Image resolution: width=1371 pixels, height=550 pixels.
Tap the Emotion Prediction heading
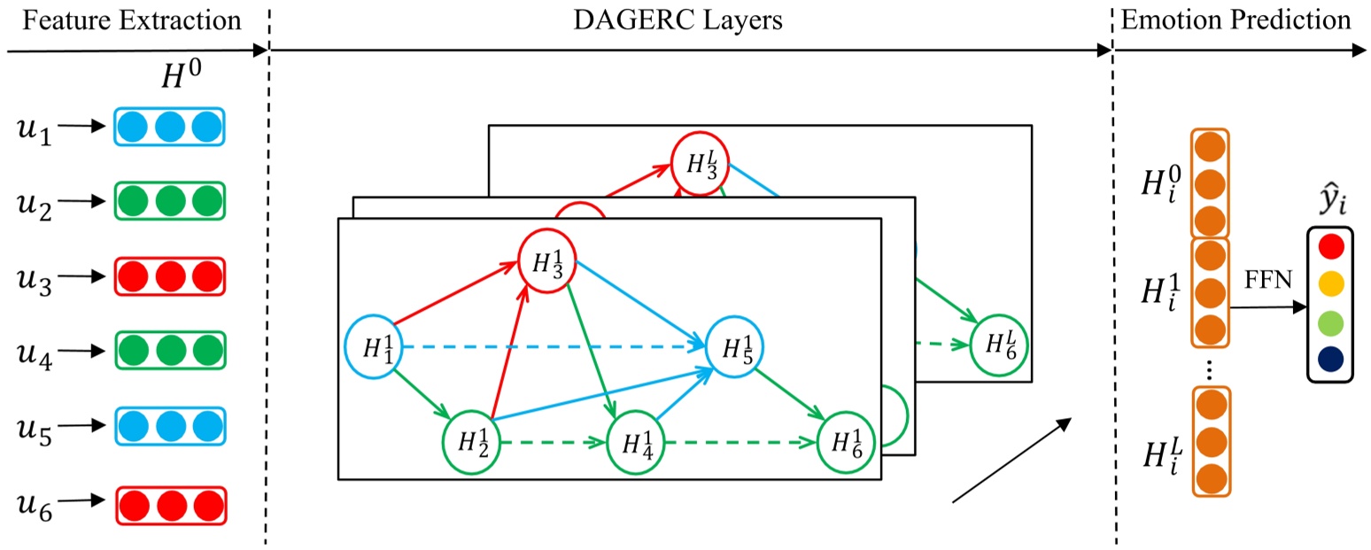click(x=1235, y=19)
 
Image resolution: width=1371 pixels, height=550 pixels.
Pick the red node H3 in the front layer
click(x=547, y=262)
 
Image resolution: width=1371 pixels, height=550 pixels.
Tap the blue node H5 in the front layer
click(x=734, y=346)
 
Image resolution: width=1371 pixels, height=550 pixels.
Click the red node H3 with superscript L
click(x=699, y=163)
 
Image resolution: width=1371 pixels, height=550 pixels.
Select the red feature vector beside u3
click(x=169, y=276)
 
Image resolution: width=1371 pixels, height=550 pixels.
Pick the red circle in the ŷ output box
click(x=1330, y=245)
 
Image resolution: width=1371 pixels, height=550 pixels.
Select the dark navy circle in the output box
click(x=1330, y=359)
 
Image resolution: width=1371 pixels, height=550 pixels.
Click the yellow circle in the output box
click(x=1330, y=283)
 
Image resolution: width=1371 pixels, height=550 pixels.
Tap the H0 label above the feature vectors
click(x=187, y=79)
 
